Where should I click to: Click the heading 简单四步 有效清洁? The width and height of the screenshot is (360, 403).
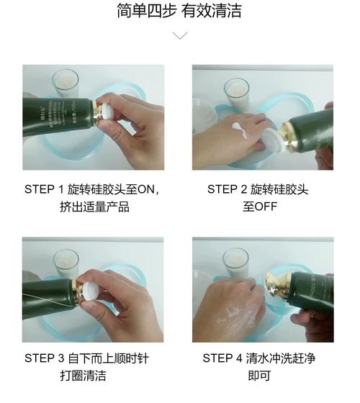click(180, 11)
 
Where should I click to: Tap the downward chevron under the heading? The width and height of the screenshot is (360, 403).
click(180, 35)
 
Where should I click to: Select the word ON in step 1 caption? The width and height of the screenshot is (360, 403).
click(145, 189)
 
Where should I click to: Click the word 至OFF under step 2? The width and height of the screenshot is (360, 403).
click(261, 207)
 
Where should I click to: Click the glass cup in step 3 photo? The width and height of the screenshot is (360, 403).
click(65, 263)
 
